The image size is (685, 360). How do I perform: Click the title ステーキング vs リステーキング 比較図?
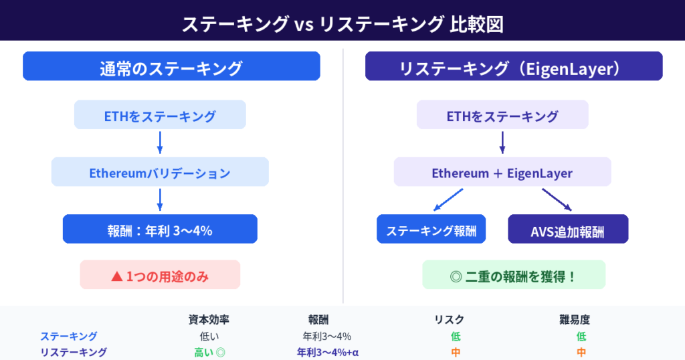342,25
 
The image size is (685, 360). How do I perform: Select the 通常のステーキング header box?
171,67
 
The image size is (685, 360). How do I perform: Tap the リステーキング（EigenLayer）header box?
514,67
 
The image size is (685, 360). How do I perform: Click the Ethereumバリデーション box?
160,173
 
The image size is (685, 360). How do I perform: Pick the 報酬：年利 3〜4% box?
160,230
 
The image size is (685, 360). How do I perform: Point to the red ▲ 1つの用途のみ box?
160,275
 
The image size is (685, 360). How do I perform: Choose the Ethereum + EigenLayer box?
502,173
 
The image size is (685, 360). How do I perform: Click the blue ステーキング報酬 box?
431,230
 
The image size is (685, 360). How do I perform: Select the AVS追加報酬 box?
568,230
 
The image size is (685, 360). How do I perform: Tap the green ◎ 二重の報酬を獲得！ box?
514,275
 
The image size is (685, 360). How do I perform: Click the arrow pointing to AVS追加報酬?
557,199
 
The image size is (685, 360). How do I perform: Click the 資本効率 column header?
209,320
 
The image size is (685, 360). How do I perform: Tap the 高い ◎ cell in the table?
209,352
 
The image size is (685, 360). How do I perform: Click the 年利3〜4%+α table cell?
328,352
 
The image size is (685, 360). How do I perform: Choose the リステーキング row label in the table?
74,352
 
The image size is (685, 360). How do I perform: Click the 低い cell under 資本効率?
209,336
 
